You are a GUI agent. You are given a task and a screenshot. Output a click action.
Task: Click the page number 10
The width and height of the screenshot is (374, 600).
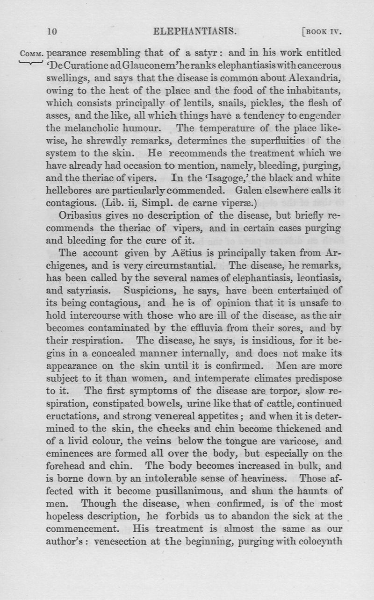point(52,32)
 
